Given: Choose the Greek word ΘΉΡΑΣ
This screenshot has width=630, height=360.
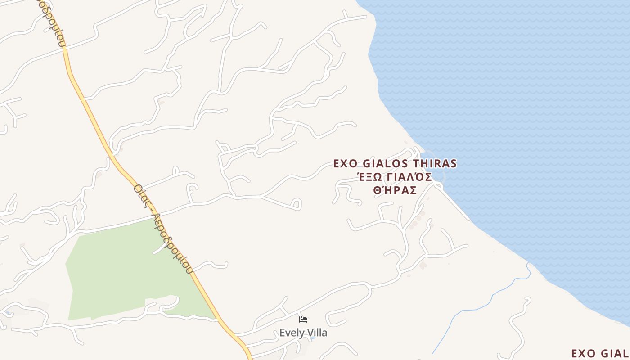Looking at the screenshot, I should coord(395,190).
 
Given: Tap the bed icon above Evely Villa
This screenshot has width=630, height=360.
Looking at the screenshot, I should coord(303,319).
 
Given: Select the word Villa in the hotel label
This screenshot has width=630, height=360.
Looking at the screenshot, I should coord(316,333).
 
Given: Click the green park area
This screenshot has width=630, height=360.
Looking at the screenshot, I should coord(117,270).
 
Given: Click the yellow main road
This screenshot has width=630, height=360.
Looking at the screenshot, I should coord(90,108).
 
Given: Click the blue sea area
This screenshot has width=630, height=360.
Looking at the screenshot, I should coord(517,112).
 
